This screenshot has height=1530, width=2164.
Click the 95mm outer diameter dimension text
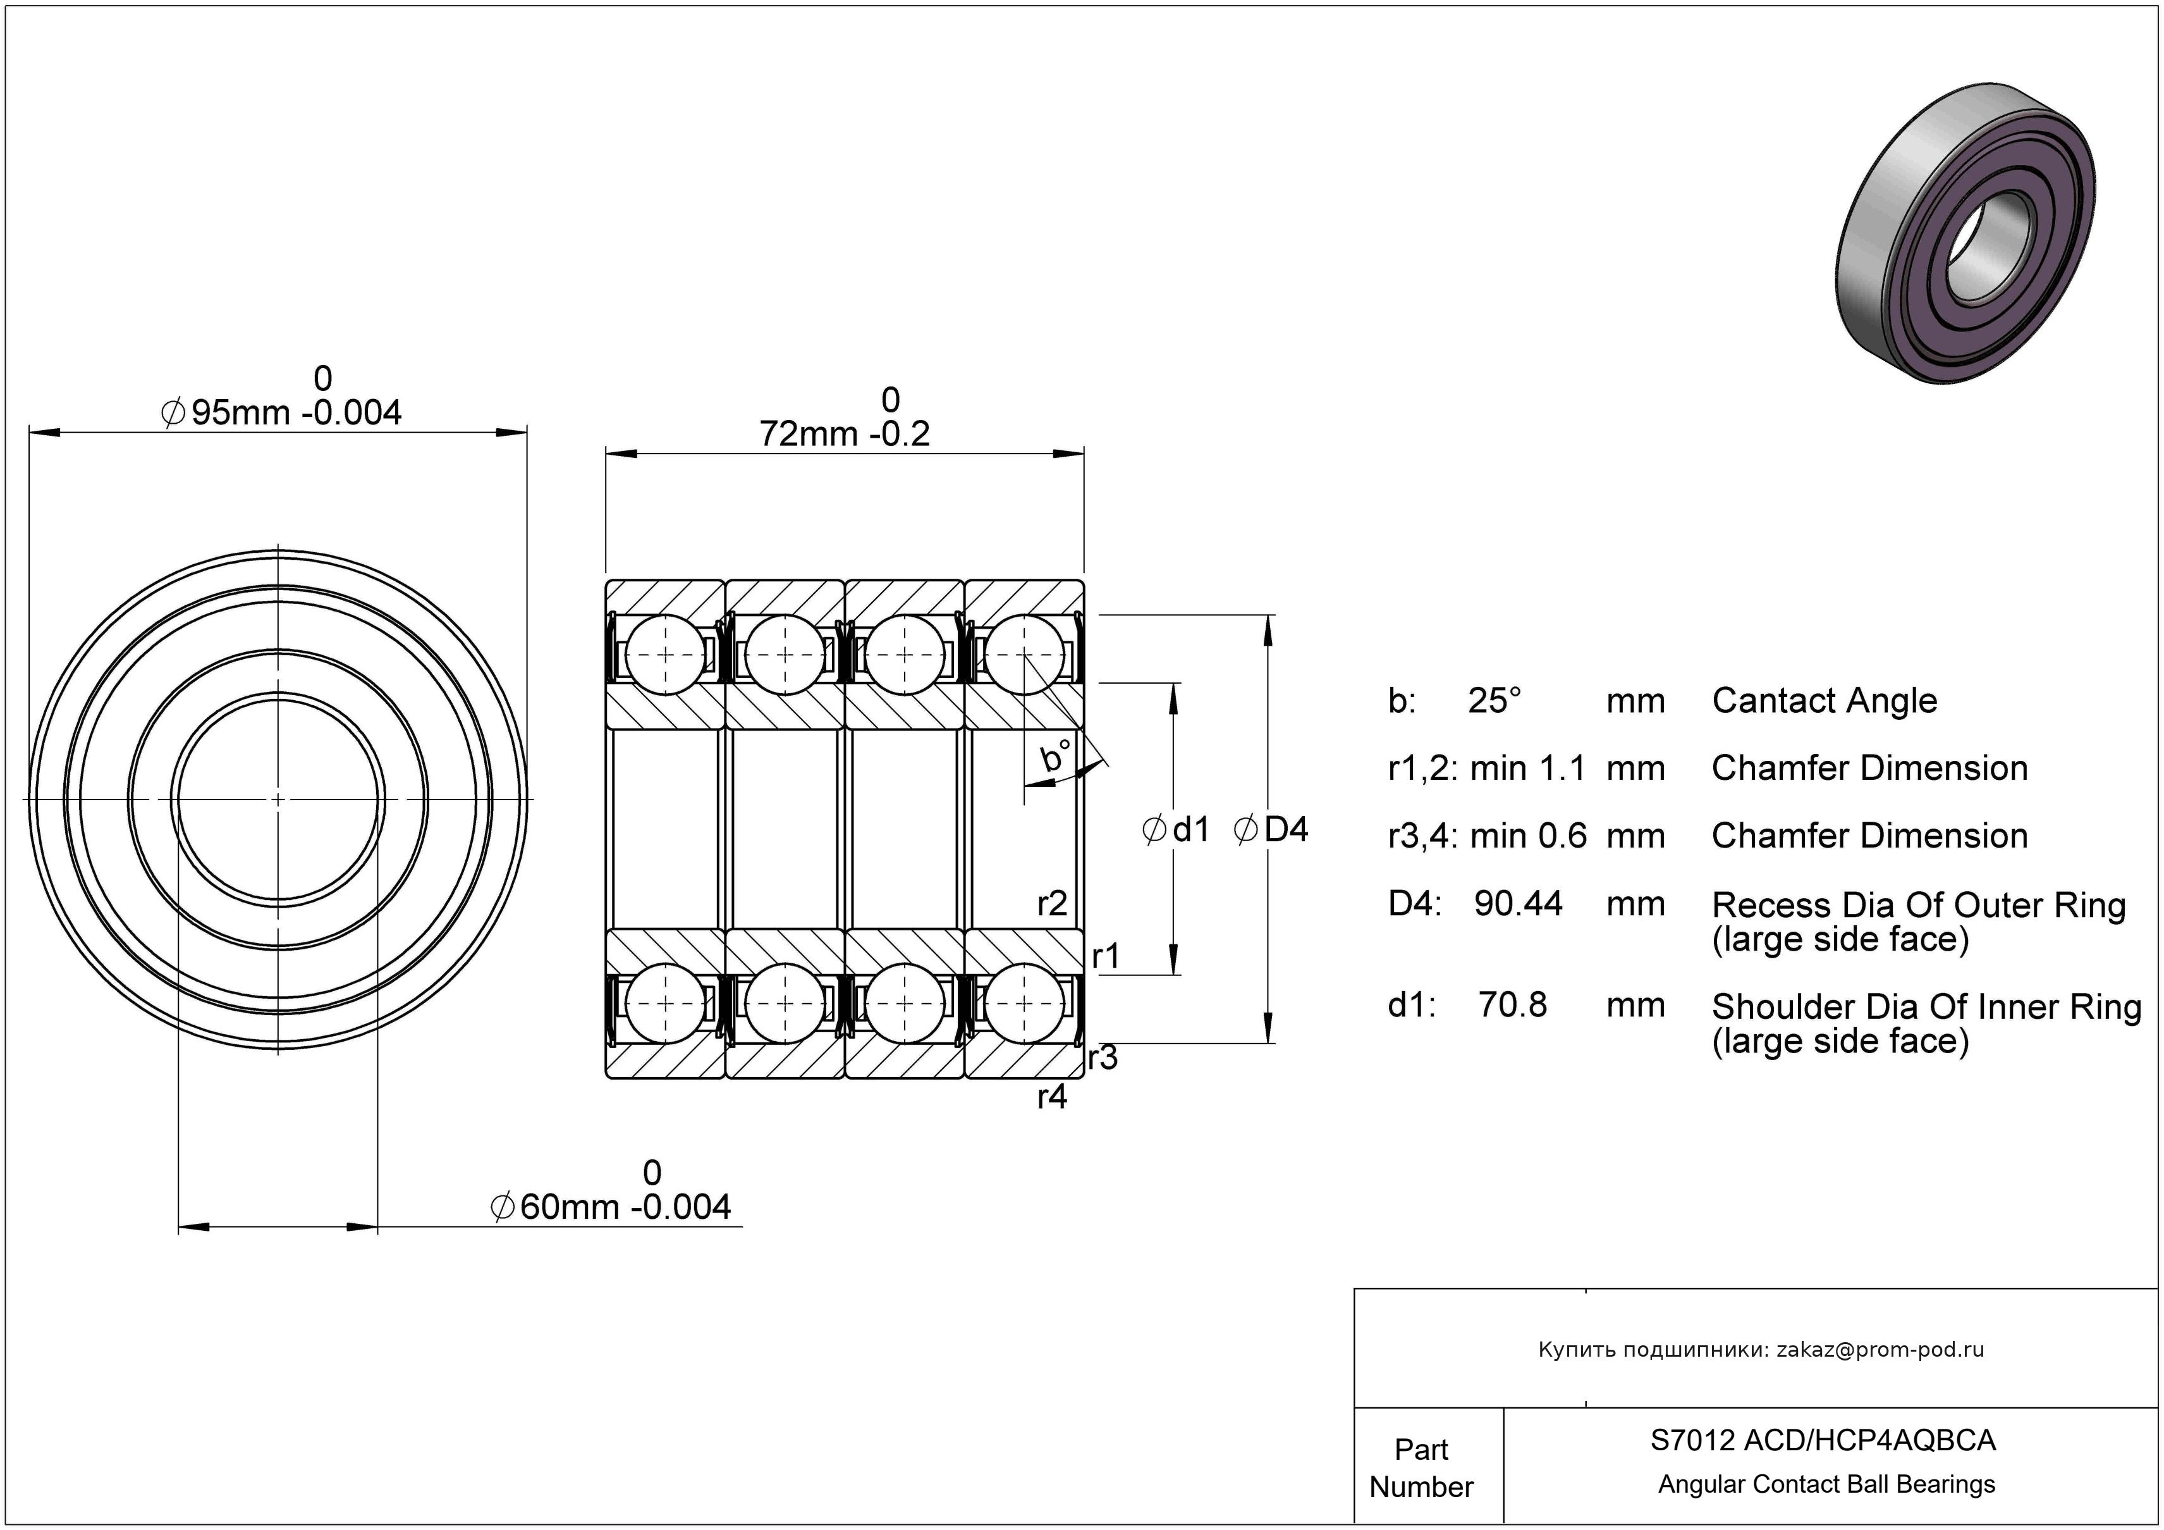click(x=282, y=396)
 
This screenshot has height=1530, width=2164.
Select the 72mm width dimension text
click(x=845, y=417)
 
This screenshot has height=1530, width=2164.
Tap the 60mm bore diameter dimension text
click(x=611, y=1190)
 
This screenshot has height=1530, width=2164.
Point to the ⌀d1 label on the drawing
click(x=1175, y=830)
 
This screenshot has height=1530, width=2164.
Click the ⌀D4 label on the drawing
click(x=1271, y=830)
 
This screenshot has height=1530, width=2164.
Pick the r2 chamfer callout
click(x=1052, y=904)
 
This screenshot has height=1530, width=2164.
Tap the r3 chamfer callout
click(x=1103, y=1058)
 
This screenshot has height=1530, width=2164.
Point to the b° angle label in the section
click(x=1056, y=756)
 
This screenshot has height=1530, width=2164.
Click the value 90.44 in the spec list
click(x=1519, y=904)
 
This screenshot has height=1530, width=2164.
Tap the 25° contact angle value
click(x=1495, y=700)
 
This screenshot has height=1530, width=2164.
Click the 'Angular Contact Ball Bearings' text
click(x=1826, y=1484)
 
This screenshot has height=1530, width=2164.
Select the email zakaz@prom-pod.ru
click(x=1880, y=1350)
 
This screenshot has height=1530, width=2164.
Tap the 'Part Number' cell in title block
click(x=1421, y=1468)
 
